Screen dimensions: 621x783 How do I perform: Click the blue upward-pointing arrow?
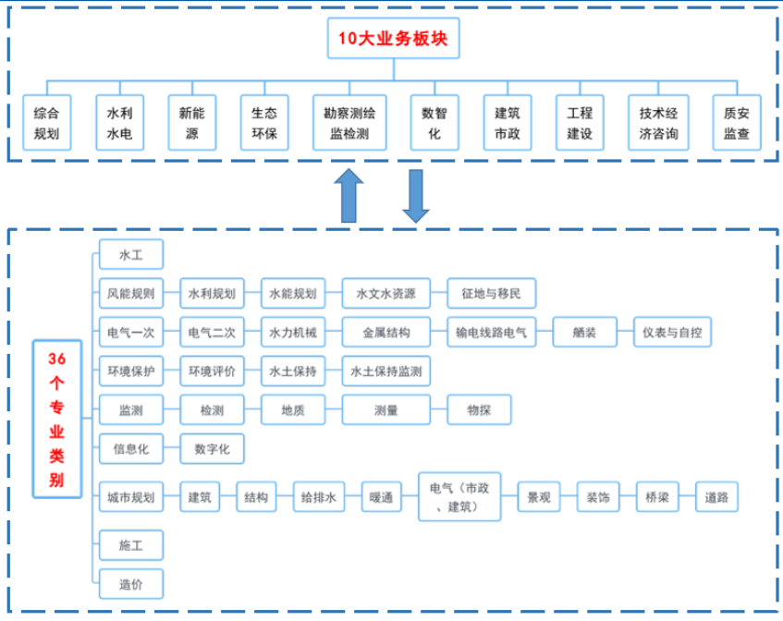point(349,194)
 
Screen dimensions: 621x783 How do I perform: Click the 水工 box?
point(130,254)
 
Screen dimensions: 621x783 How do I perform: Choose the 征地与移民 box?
point(491,294)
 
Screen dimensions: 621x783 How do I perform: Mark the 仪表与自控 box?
point(672,333)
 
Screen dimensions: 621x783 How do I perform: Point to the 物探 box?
point(478,410)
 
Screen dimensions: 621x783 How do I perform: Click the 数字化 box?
point(212,449)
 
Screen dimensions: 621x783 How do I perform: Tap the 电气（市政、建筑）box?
point(459,497)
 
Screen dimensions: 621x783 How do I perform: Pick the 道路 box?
point(716,497)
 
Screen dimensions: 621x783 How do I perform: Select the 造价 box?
point(130,584)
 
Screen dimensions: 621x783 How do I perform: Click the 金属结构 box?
point(385,333)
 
